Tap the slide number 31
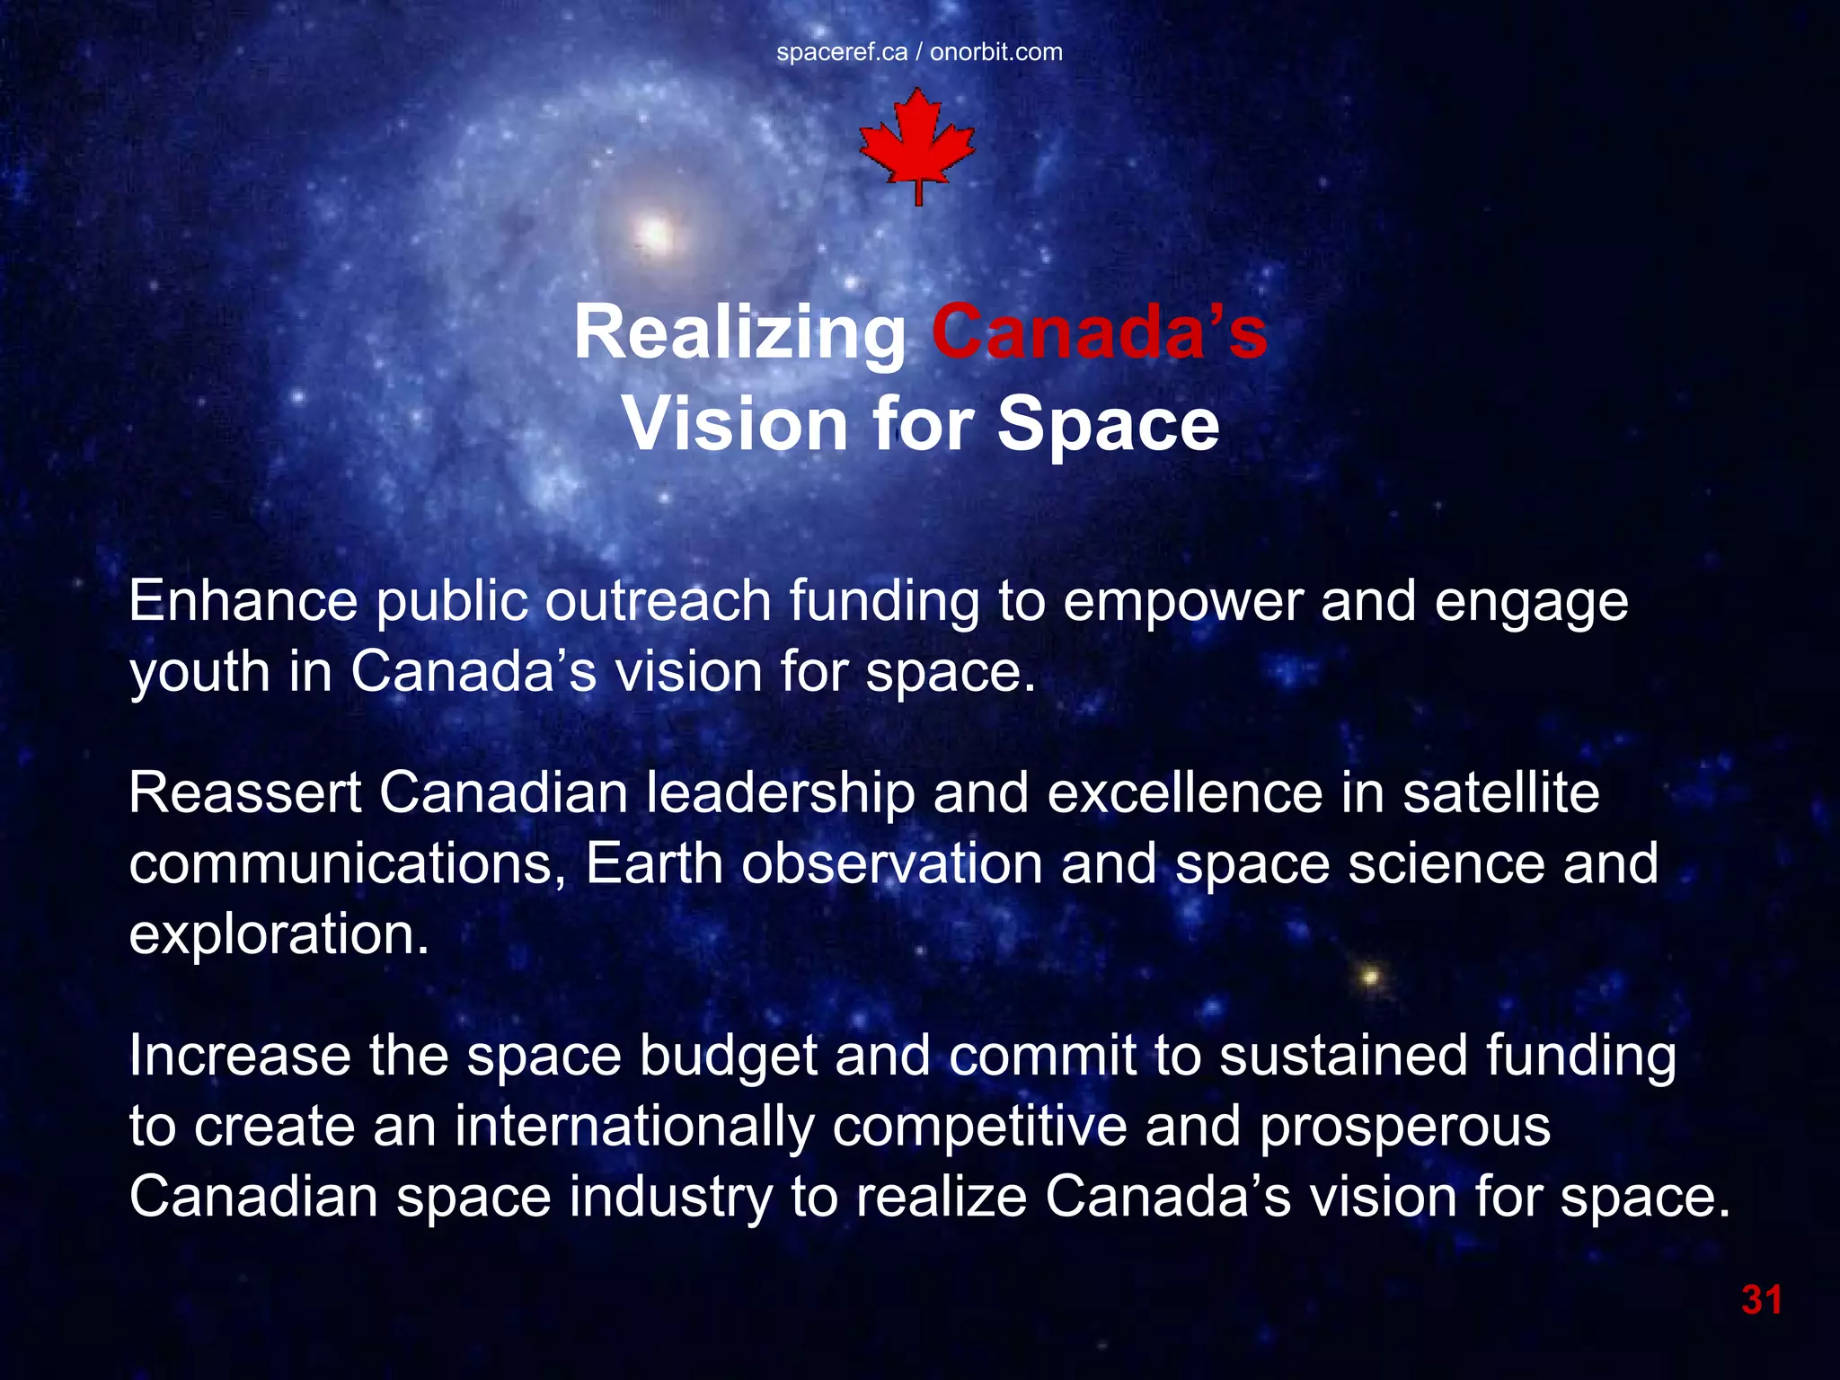[1762, 1300]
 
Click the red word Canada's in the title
[1100, 332]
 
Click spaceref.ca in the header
[842, 52]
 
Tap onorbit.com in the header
[996, 52]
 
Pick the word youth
[199, 672]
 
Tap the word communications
[347, 864]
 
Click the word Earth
[654, 864]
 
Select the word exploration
[279, 934]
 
